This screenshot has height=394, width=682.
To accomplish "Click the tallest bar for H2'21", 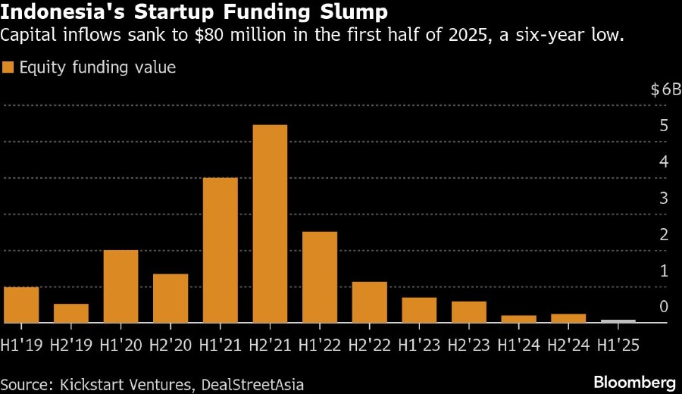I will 270,224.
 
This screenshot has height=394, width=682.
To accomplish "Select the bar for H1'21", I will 220,250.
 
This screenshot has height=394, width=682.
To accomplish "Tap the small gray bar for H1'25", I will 618,321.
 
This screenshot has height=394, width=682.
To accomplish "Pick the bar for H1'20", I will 120,286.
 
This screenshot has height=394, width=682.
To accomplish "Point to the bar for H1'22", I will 319,277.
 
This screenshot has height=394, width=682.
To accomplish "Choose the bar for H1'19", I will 21,305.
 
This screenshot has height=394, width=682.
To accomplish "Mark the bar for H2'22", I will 369,302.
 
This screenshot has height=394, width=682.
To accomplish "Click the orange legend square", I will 8,67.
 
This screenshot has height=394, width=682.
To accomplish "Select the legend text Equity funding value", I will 98,67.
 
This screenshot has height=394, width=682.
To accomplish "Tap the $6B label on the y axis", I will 665,89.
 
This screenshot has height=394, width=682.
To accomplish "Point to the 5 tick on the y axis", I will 663,126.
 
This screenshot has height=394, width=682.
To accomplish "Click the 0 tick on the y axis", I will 663,307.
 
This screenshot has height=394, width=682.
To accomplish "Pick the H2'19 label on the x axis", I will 71,345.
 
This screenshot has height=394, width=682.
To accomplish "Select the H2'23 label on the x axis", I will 468,345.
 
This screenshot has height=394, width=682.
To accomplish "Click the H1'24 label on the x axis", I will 518,345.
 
